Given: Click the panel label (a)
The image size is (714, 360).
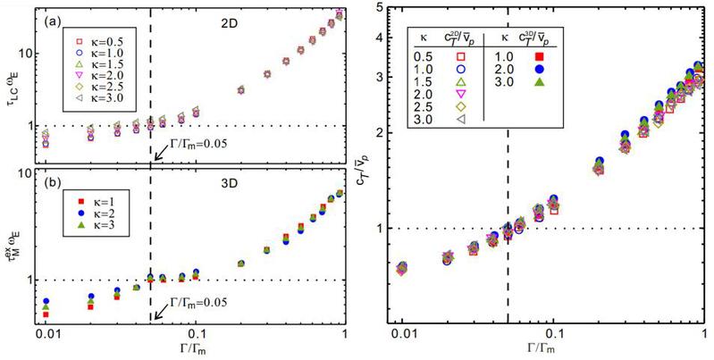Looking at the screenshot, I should [x=52, y=20].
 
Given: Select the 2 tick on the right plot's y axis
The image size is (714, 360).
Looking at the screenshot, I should [x=379, y=132].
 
